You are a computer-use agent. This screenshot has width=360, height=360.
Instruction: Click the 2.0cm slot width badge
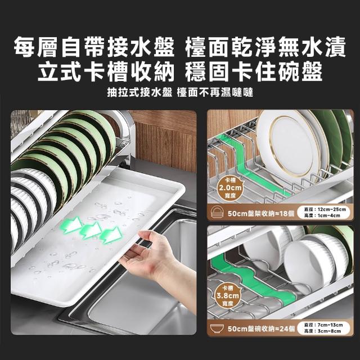pos(230,187)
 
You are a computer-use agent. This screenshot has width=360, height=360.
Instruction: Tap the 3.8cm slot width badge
pos(228,295)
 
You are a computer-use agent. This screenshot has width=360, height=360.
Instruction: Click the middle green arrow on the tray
pos(91,230)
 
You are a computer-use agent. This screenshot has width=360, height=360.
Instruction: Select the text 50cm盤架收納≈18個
pos(261,213)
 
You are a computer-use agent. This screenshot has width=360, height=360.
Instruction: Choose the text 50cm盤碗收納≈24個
pos(261,328)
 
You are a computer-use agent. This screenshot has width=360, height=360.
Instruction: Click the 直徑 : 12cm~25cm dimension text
pos(325,209)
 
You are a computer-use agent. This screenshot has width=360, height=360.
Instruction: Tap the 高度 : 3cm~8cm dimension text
pos(322,331)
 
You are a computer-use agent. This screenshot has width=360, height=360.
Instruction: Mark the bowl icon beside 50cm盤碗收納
pos(217,328)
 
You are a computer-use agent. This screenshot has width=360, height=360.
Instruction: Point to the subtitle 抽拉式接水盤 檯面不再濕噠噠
pos(180,92)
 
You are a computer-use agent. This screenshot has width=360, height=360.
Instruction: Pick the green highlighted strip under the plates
pos(255,165)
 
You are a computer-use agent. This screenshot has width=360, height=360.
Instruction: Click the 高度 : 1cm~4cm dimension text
pos(322,215)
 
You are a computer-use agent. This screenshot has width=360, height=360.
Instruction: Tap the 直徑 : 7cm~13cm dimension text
pos(323,325)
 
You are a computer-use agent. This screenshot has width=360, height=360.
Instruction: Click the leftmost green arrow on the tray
pos(72,225)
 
